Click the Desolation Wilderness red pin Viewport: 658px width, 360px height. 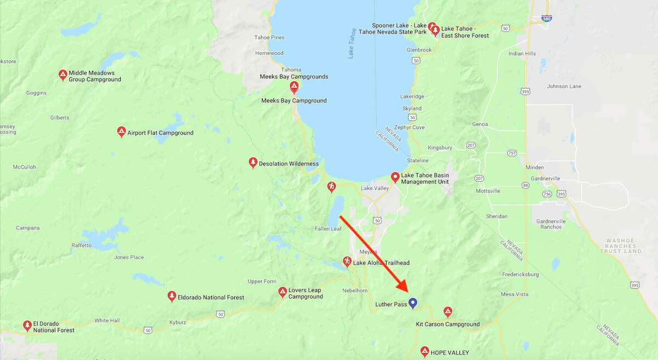(x=253, y=162)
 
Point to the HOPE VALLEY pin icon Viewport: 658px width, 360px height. (x=424, y=351)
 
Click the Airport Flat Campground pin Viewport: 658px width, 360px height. (x=121, y=132)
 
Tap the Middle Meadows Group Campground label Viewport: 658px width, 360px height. (x=94, y=76)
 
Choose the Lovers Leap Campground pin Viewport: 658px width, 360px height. (x=282, y=292)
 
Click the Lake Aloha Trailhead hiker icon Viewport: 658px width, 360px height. (x=347, y=261)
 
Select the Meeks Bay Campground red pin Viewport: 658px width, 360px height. (x=294, y=87)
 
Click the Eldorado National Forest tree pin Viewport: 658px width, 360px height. (x=172, y=296)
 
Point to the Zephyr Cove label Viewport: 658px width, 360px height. (x=410, y=128)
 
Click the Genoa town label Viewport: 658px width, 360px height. (x=480, y=124)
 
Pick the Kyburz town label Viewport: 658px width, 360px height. (x=178, y=322)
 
